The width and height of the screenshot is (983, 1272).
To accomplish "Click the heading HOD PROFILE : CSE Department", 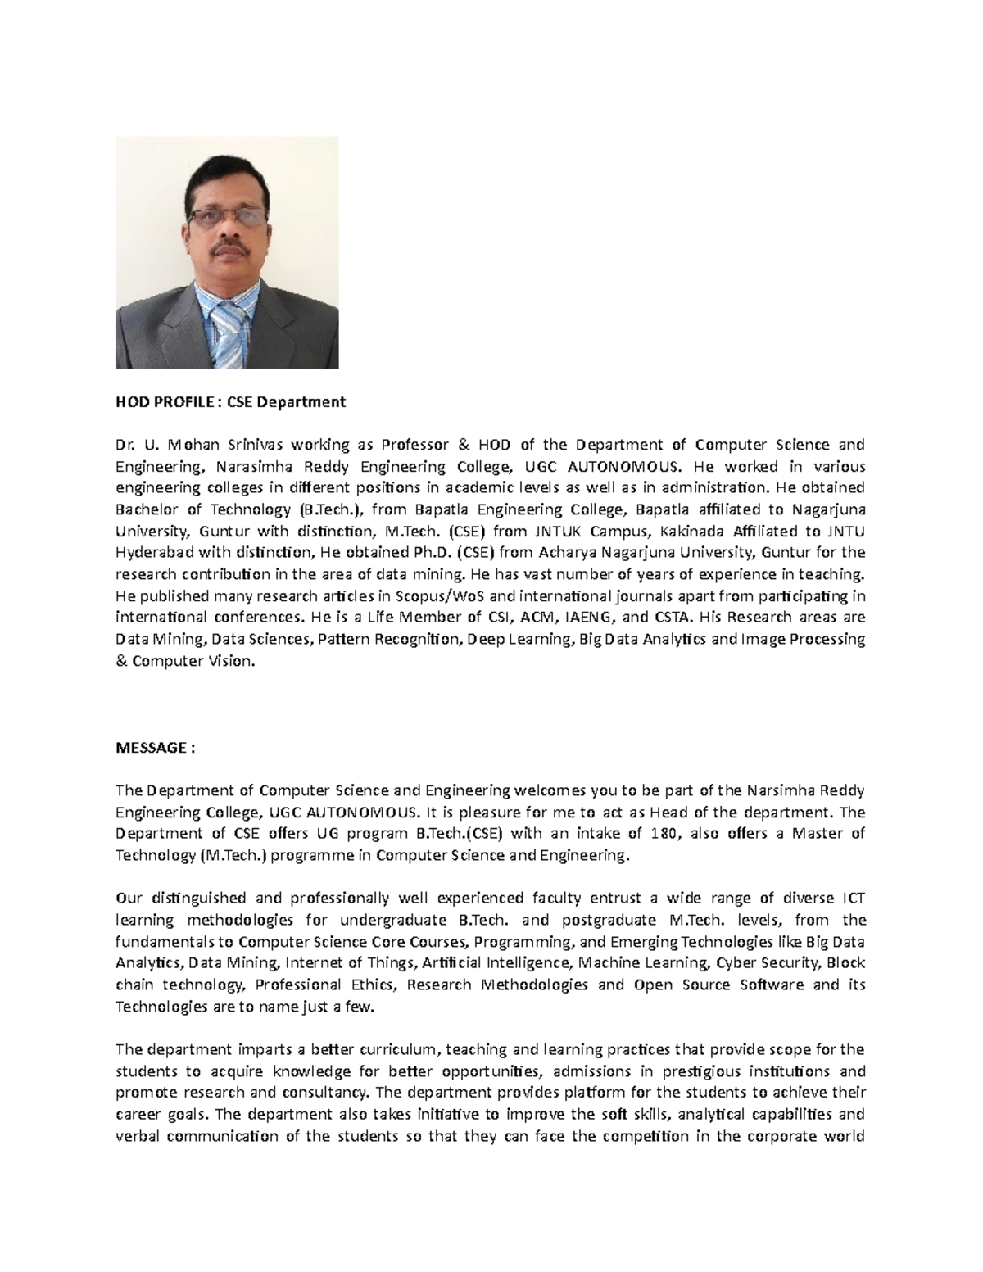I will [x=230, y=402].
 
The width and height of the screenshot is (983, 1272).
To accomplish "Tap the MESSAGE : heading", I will [x=156, y=748].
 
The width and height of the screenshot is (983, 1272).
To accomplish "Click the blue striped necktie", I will [x=229, y=332].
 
